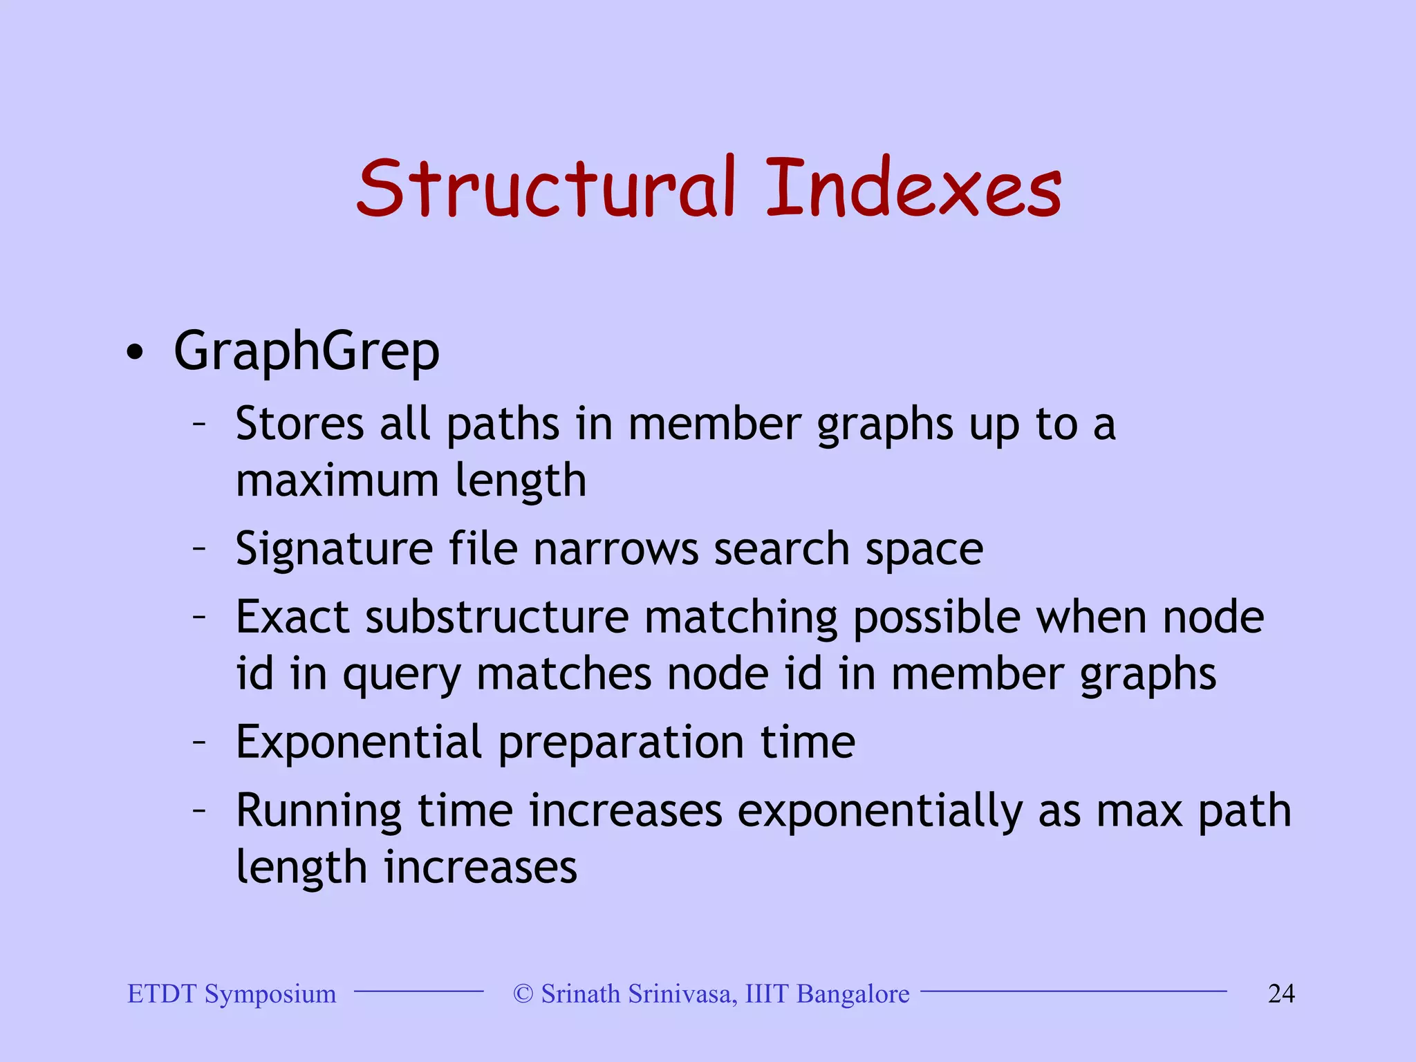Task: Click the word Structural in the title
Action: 546,188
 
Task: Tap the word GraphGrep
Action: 306,351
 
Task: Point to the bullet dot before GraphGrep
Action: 135,353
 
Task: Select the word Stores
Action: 299,424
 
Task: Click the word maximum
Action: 337,481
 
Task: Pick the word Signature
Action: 334,550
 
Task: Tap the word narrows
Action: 615,550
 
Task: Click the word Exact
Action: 292,617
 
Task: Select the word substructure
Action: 497,617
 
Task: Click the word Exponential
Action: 358,743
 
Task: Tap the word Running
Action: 318,811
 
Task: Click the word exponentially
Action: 879,812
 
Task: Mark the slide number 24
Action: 1281,994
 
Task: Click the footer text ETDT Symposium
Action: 232,994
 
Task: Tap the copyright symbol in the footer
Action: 523,994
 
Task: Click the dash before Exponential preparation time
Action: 199,742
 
